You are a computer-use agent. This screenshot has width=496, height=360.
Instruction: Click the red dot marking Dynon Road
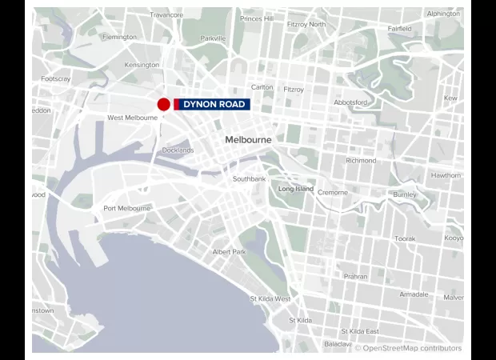point(163,104)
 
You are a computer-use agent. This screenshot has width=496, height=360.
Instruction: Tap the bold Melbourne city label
point(248,139)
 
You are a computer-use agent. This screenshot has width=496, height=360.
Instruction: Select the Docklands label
point(178,150)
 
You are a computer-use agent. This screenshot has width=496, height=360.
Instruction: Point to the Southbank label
point(249,178)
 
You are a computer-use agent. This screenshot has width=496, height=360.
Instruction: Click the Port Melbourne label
point(126,208)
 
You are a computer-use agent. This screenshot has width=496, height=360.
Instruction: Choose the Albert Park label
point(230,251)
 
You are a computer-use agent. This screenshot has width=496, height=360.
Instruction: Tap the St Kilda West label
point(270,298)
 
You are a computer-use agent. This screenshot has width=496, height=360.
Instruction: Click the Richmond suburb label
point(361,161)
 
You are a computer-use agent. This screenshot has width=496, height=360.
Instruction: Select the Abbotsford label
point(350,102)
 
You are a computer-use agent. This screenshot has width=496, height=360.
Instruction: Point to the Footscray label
point(56,78)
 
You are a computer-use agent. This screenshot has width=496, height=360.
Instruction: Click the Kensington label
point(142,65)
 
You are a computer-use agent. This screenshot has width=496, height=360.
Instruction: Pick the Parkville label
point(213,38)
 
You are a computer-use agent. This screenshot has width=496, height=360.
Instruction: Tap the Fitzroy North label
point(306,24)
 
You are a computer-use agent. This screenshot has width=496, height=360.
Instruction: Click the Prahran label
point(355,276)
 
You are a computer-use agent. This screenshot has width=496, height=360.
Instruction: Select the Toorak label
point(405,238)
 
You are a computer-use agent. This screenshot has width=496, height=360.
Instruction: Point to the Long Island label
point(296,189)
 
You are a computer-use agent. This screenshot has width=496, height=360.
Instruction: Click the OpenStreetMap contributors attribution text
point(408,348)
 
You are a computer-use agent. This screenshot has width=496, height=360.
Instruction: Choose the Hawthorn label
point(446,175)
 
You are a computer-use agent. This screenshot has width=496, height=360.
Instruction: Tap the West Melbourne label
point(132,118)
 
